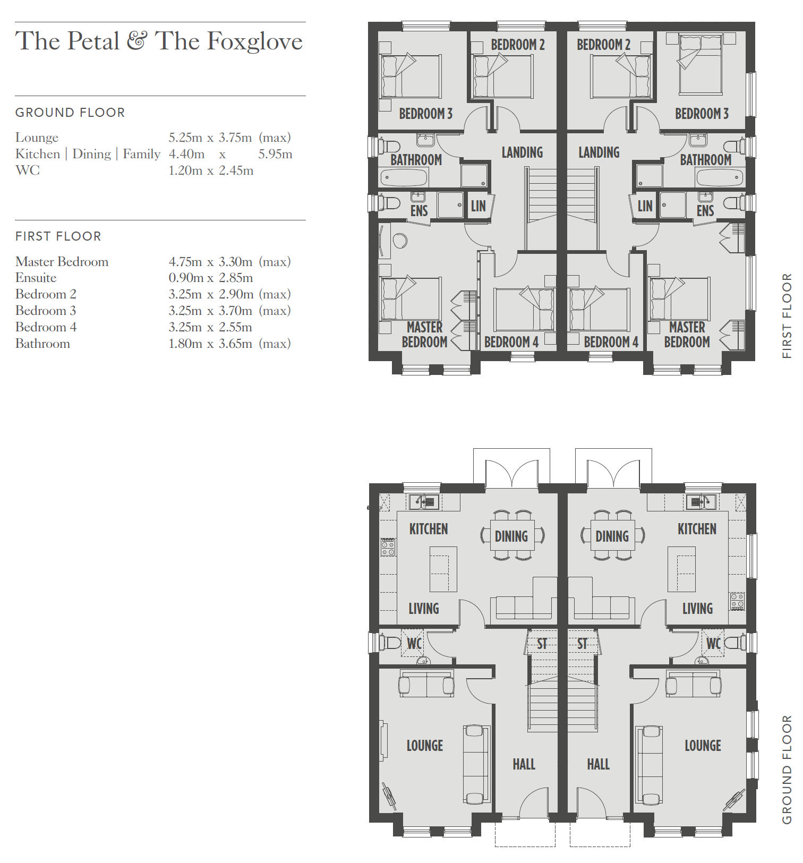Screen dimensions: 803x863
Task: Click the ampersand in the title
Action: [137, 41]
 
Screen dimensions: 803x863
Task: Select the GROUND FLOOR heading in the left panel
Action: [70, 113]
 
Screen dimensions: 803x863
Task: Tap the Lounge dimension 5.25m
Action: [185, 138]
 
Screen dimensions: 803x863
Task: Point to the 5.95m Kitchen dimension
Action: [275, 154]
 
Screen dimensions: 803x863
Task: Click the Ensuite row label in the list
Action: [36, 278]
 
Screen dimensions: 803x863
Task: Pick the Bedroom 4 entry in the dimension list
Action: [46, 327]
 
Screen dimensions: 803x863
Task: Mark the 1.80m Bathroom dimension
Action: [185, 344]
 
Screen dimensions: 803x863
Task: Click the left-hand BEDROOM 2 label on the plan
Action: [518, 45]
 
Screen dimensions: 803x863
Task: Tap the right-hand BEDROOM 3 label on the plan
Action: [702, 114]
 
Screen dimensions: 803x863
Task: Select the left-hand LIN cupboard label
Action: [478, 206]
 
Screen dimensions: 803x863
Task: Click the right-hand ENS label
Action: [705, 211]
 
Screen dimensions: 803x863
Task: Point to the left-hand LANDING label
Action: [522, 152]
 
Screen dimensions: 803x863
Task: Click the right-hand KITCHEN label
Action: [697, 529]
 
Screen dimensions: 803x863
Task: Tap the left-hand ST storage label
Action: [542, 644]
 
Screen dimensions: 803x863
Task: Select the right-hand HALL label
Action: [598, 764]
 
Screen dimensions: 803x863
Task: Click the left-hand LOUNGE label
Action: [424, 746]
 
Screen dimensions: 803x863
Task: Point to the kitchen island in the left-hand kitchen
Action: [443, 569]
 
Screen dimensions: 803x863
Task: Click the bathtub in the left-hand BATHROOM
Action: [404, 177]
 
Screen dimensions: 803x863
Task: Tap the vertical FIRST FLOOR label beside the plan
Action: [787, 316]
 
